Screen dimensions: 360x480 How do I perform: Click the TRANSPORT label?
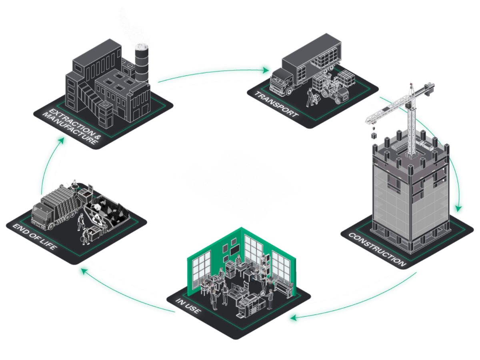pyautogui.click(x=276, y=105)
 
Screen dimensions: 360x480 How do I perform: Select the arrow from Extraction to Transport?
pyautogui.click(x=212, y=72)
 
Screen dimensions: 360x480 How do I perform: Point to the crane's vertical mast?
pyautogui.click(x=410, y=124)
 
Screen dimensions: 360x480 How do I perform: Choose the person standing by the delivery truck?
pyautogui.click(x=310, y=96)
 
